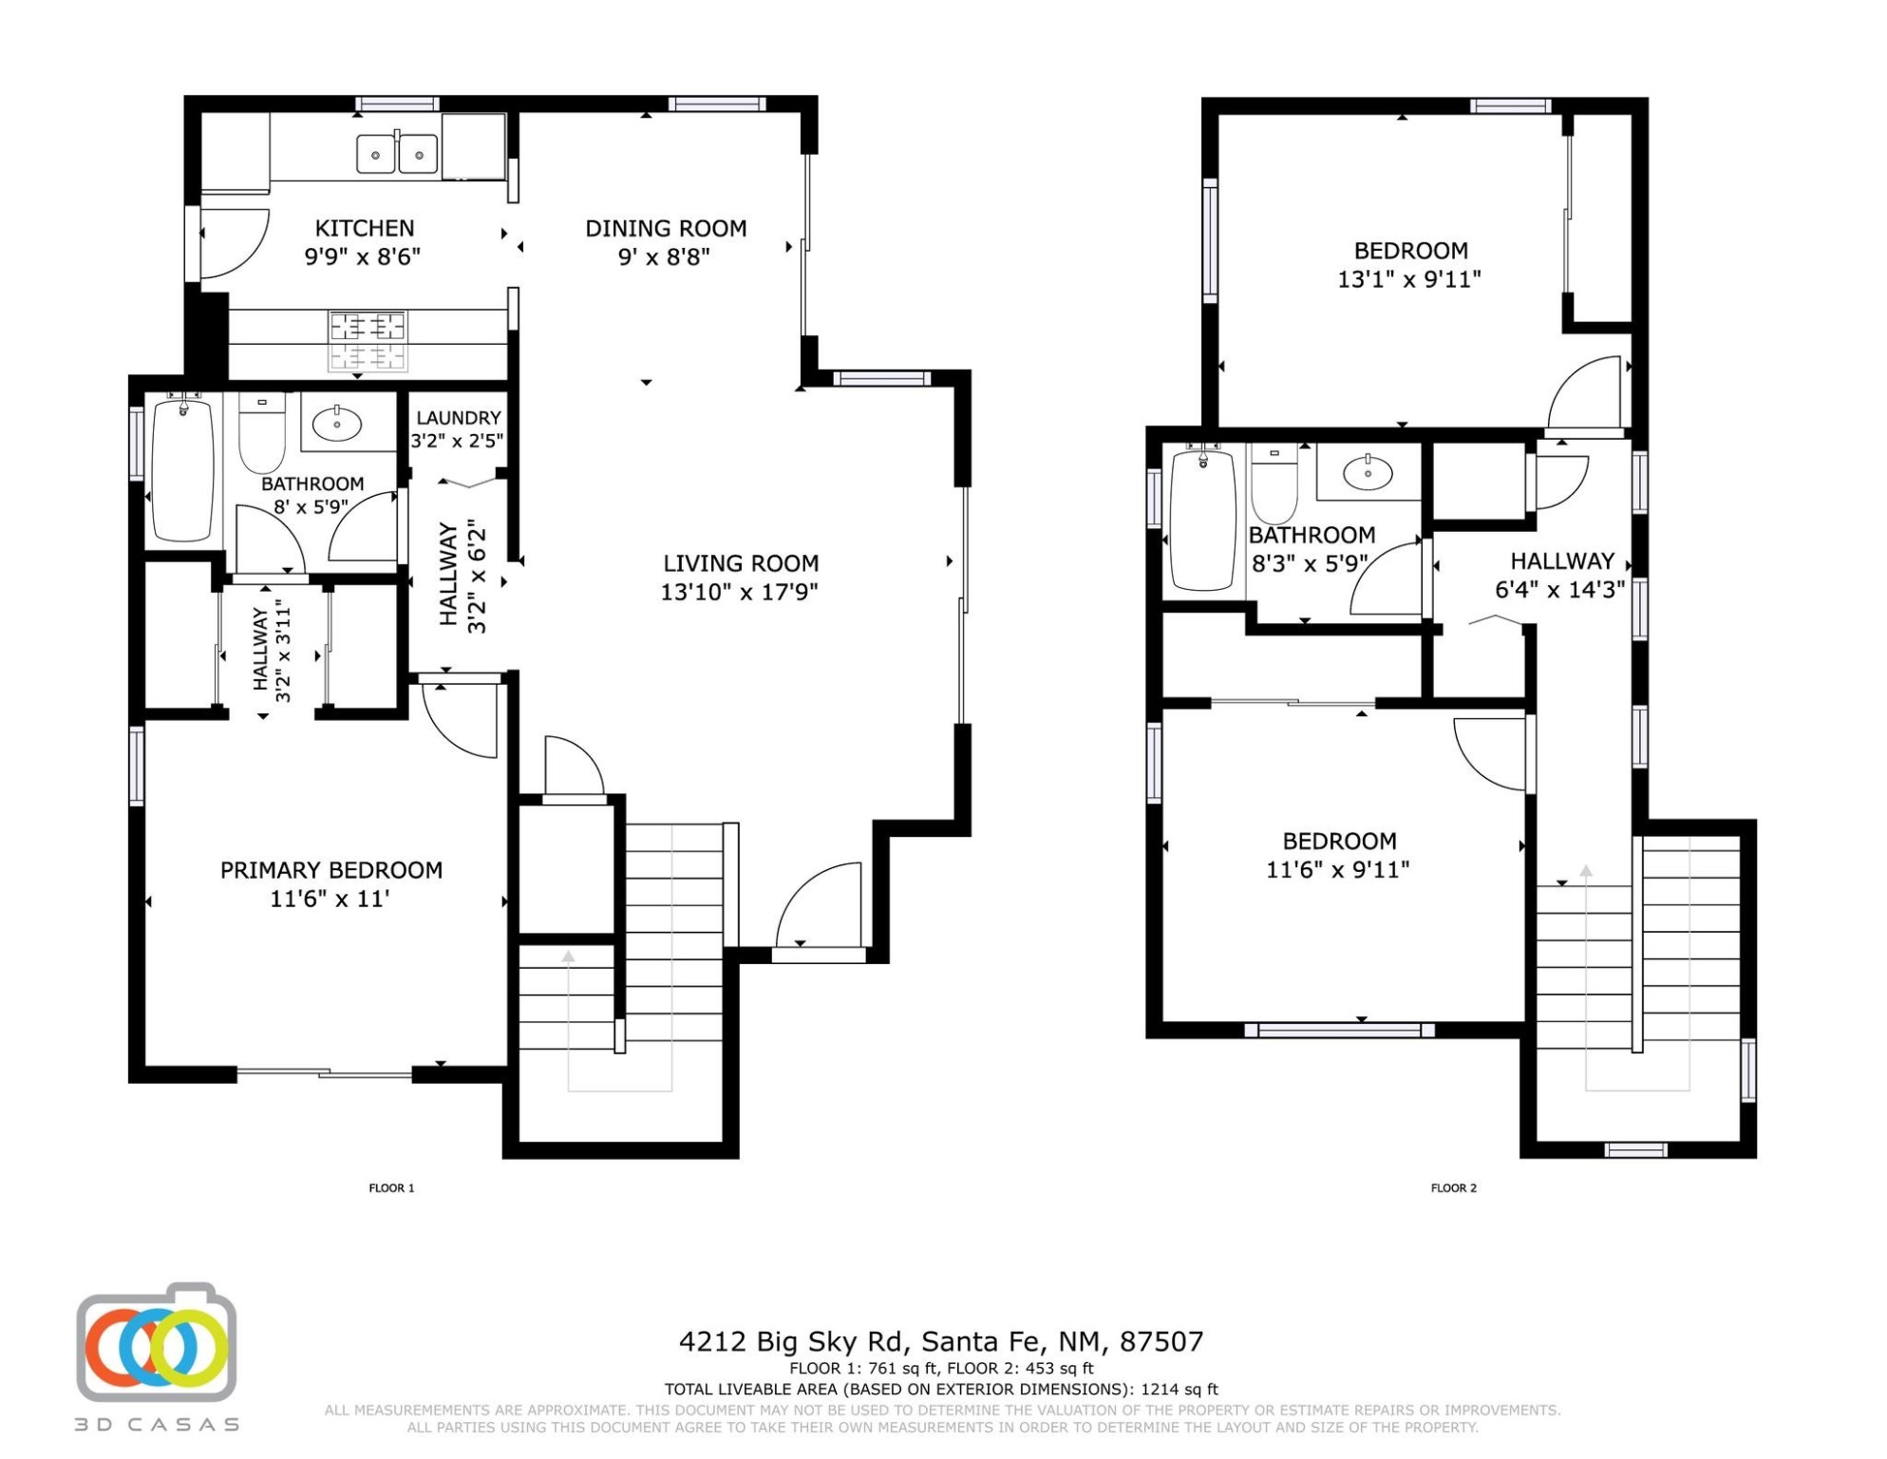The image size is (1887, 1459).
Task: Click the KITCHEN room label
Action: click(365, 229)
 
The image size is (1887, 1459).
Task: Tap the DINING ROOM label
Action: click(666, 229)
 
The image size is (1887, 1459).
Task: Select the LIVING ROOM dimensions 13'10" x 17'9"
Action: click(740, 592)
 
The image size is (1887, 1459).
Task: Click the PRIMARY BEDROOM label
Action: click(331, 870)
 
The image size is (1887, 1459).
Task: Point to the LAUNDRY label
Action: click(459, 418)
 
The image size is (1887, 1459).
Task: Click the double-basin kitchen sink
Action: click(397, 154)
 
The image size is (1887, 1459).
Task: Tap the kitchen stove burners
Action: click(368, 340)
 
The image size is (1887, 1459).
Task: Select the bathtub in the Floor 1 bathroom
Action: click(182, 470)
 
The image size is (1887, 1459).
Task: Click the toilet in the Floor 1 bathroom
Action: click(261, 432)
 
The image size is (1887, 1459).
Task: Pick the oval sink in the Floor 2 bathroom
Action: click(1368, 472)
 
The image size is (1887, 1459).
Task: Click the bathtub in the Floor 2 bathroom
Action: click(1203, 520)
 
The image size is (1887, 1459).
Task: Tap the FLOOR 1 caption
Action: click(391, 1188)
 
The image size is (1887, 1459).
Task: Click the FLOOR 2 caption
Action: click(1454, 1188)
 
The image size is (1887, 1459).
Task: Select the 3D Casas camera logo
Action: click(157, 1344)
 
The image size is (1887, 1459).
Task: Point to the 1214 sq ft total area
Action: click(1179, 1389)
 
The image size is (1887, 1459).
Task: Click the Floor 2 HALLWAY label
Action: click(1562, 561)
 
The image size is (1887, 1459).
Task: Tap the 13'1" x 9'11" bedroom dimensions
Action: click(1409, 279)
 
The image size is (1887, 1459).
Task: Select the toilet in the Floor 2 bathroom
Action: click(1274, 483)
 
